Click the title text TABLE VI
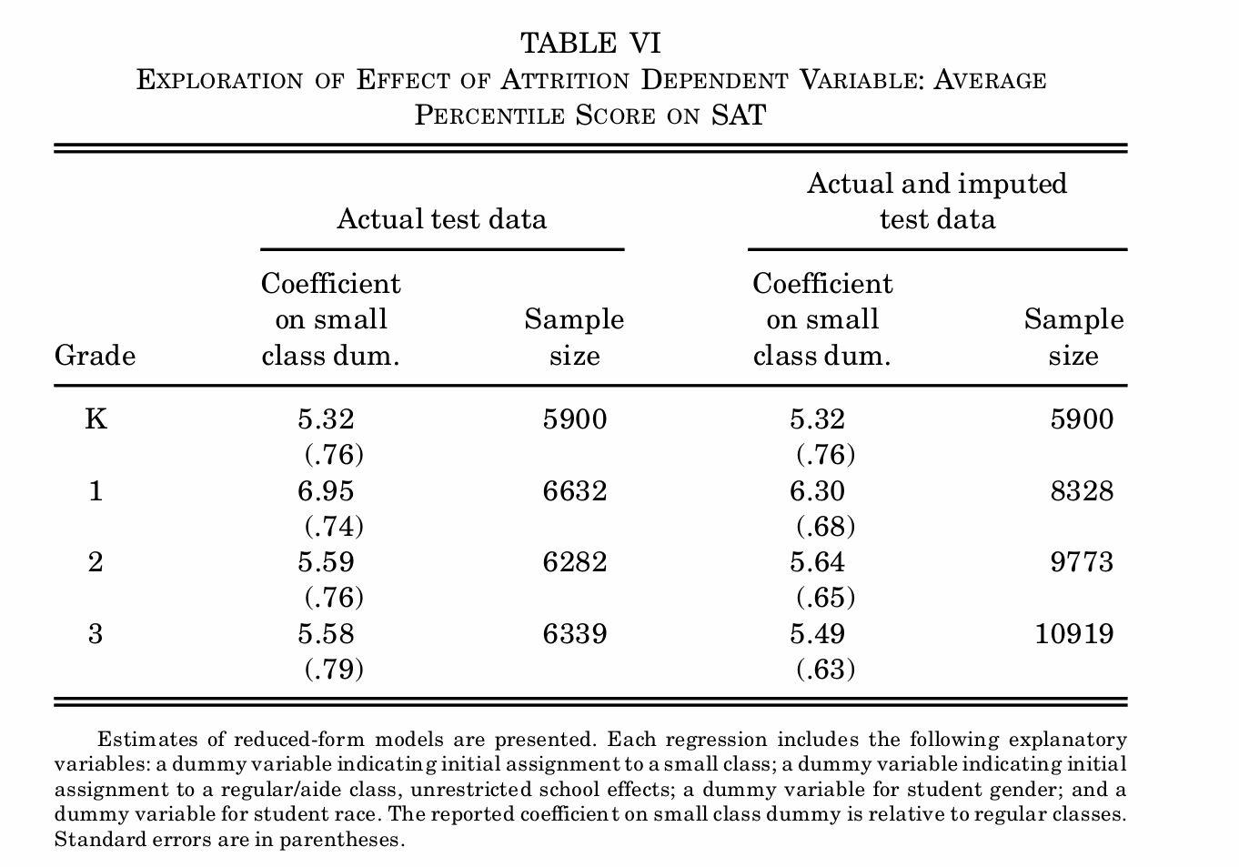click(x=590, y=43)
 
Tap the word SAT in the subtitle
click(x=738, y=116)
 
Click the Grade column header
click(x=95, y=355)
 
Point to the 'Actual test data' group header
click(x=441, y=219)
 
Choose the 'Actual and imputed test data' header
click(x=937, y=201)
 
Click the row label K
click(x=95, y=419)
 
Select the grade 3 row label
click(x=95, y=634)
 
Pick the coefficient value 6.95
click(x=326, y=491)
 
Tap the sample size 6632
click(x=574, y=491)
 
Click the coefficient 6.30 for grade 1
click(x=817, y=491)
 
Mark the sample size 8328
click(x=1081, y=491)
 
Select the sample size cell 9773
click(x=1081, y=562)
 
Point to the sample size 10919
click(x=1073, y=634)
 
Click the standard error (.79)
click(x=333, y=670)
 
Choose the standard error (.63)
click(x=825, y=670)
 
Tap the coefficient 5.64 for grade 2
click(x=817, y=562)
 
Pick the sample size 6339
click(x=574, y=634)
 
